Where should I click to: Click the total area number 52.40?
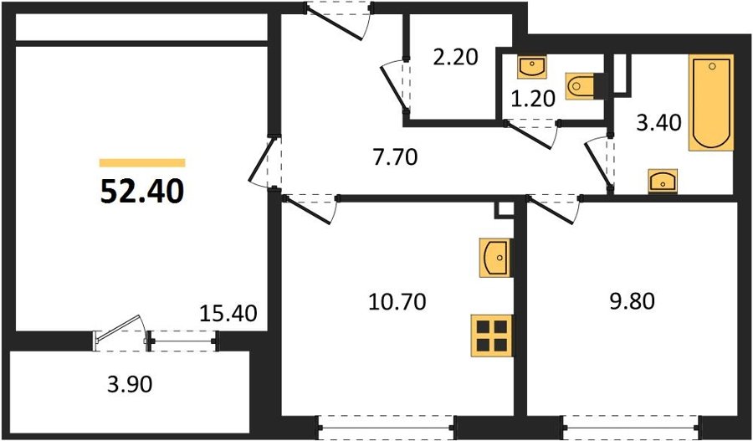tap(142, 192)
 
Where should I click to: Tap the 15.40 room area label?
tap(228, 313)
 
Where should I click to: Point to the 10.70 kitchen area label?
tap(397, 302)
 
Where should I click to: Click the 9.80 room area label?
tap(633, 302)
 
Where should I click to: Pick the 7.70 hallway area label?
tap(396, 157)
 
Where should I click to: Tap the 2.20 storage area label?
tap(455, 58)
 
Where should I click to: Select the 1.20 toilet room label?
tap(533, 99)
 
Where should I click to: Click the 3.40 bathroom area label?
tap(659, 124)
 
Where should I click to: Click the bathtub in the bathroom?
tap(711, 102)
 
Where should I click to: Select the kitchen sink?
tap(495, 258)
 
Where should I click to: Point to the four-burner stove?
tap(492, 336)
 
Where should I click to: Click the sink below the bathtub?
tap(663, 181)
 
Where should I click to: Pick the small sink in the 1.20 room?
tap(531, 67)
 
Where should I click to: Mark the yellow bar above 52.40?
tap(142, 163)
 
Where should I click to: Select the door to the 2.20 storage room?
tap(397, 85)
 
